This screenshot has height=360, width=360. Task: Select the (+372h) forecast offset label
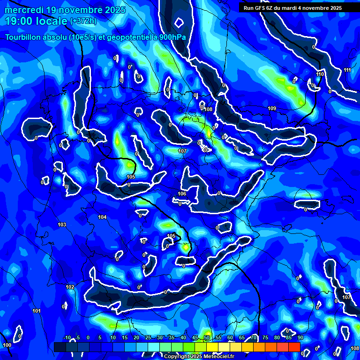(x=83, y=21)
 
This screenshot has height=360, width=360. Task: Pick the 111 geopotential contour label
(x=347, y=70)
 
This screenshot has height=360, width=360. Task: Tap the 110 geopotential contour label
(x=320, y=74)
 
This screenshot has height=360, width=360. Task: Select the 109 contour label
(x=272, y=109)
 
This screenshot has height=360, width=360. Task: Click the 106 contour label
(x=182, y=194)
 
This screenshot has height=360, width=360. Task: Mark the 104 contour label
(x=102, y=217)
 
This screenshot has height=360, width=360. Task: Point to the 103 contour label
(x=62, y=225)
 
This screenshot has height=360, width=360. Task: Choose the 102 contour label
(x=70, y=287)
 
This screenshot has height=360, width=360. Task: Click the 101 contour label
(x=36, y=311)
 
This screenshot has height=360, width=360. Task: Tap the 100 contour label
(x=7, y=345)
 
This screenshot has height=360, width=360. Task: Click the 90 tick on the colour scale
(x=300, y=337)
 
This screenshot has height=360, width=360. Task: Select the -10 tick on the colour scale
(x=67, y=337)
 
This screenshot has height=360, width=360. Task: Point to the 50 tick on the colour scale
(x=207, y=337)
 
